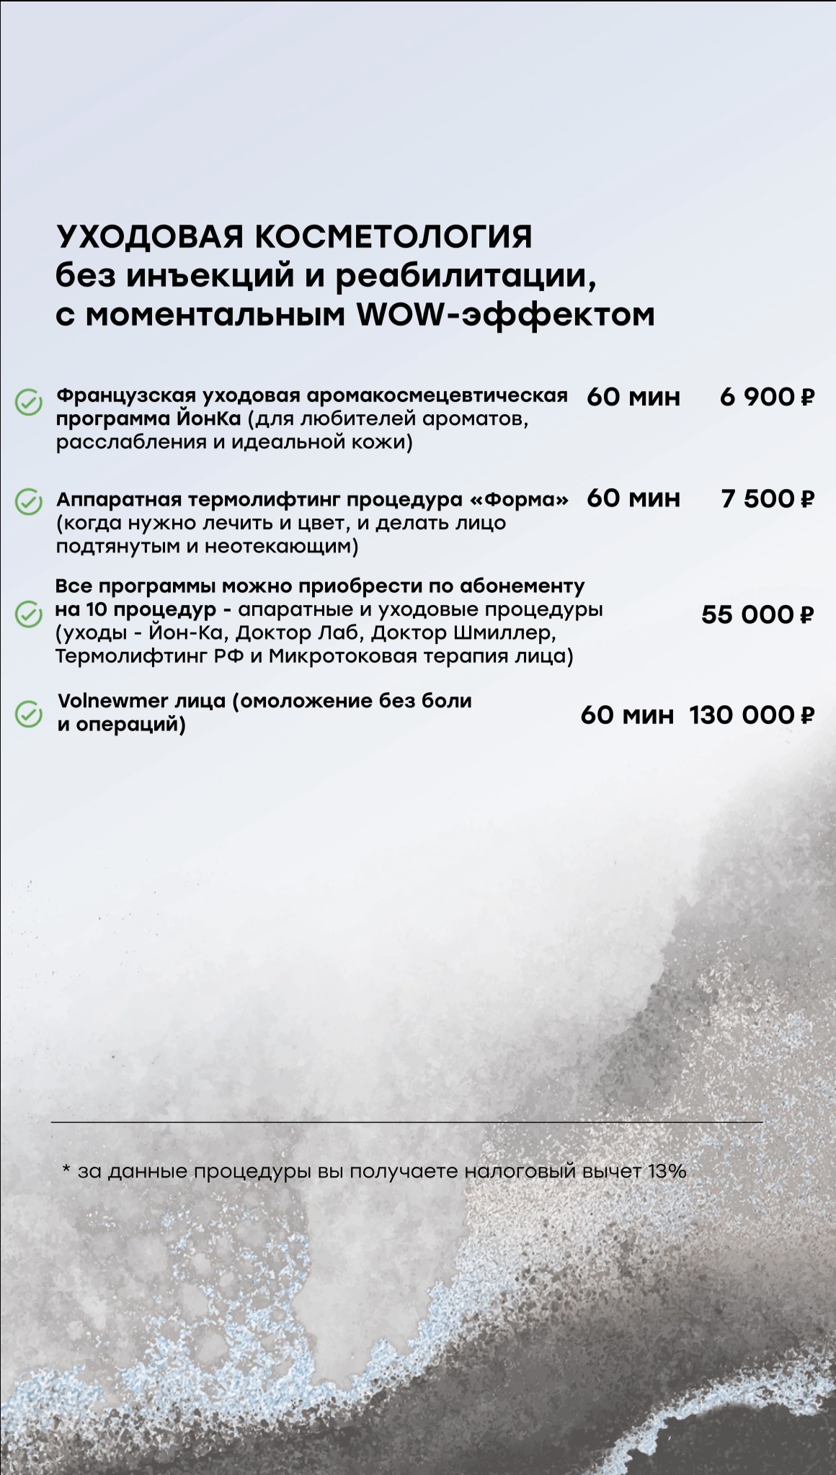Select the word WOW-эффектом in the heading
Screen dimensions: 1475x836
(x=505, y=315)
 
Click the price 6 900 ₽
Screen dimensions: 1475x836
(x=767, y=397)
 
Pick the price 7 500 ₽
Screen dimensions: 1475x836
(x=767, y=498)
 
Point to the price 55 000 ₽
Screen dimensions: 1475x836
(x=757, y=614)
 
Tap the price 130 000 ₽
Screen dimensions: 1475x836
(x=751, y=715)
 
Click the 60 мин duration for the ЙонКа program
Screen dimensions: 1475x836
(x=633, y=397)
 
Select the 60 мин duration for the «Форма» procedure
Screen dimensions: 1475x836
(x=633, y=498)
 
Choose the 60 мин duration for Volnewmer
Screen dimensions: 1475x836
(x=627, y=715)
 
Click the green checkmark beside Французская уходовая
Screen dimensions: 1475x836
(x=29, y=403)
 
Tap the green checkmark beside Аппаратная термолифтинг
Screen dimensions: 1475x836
(x=29, y=502)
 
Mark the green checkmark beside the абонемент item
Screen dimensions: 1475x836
(x=29, y=614)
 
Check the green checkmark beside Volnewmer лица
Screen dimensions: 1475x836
(x=29, y=714)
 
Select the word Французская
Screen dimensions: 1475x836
(x=126, y=396)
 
